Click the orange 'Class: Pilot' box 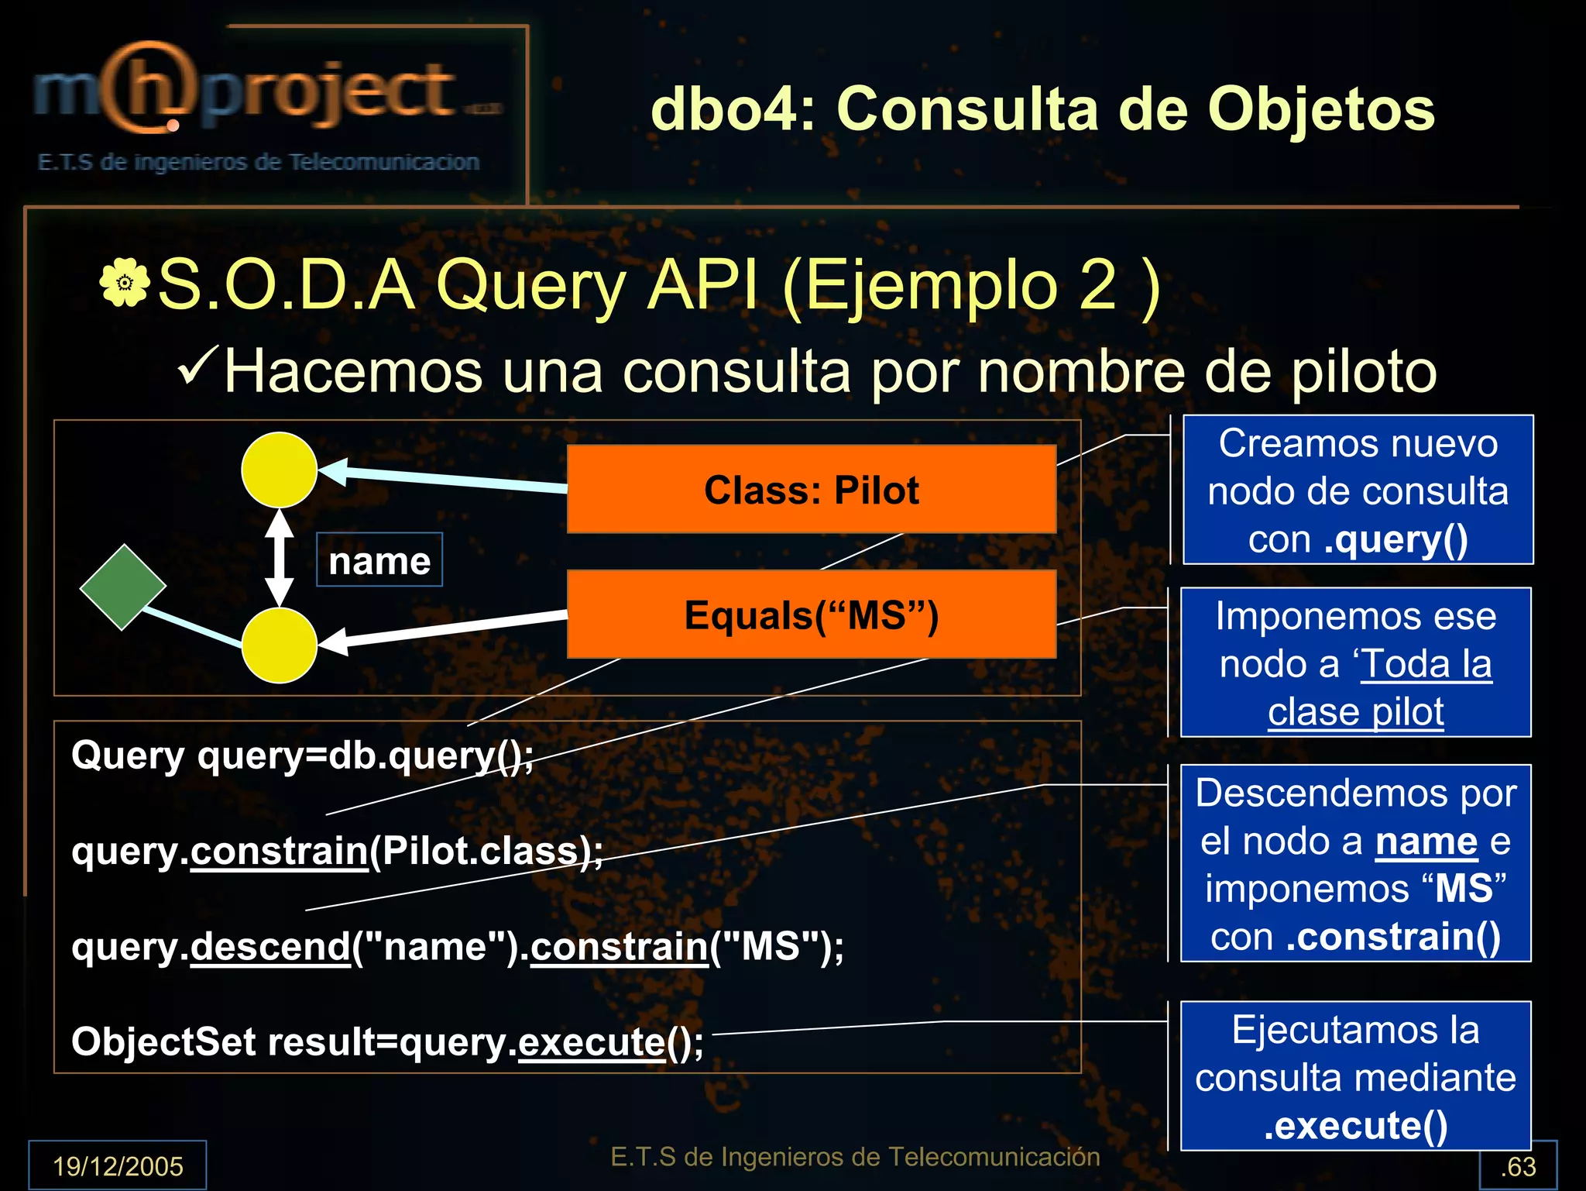(811, 489)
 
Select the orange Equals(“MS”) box (811, 614)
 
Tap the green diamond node (122, 587)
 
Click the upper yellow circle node (279, 470)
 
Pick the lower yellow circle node (279, 645)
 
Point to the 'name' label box (379, 560)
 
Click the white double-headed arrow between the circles (279, 558)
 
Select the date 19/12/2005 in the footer (118, 1165)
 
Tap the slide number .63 (1518, 1166)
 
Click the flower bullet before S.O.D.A (124, 284)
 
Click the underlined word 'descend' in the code (271, 946)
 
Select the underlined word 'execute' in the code (592, 1041)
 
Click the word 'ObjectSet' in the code (163, 1041)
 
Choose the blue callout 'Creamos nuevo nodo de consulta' (1358, 490)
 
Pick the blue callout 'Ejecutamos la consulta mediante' (1355, 1076)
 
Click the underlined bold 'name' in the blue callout (1426, 842)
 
